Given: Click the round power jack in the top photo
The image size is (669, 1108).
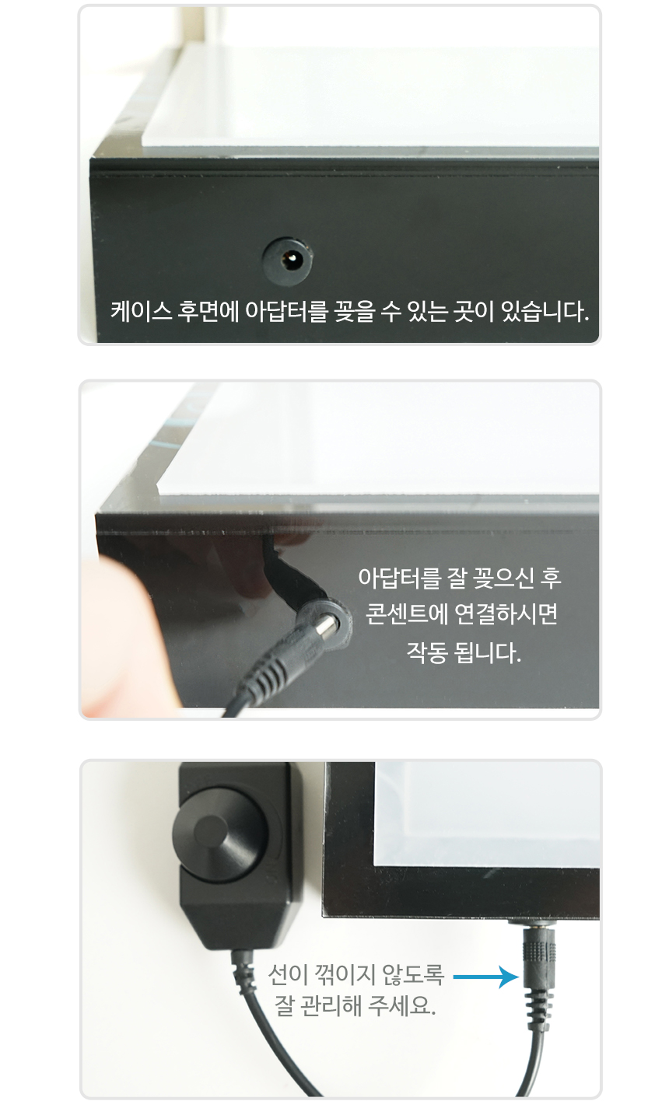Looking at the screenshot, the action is pos(287,260).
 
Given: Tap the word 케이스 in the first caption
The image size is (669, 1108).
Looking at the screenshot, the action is pos(141,312).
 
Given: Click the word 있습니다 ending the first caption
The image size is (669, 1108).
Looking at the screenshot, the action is pos(545,312).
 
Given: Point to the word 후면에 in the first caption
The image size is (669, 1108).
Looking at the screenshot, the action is pos(208,312).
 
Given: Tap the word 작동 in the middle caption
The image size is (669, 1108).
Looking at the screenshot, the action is pos(427,652).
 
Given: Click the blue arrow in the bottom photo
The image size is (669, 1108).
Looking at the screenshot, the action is pos(485,977).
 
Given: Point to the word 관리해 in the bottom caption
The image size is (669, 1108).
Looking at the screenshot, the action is pos(331,1005).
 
